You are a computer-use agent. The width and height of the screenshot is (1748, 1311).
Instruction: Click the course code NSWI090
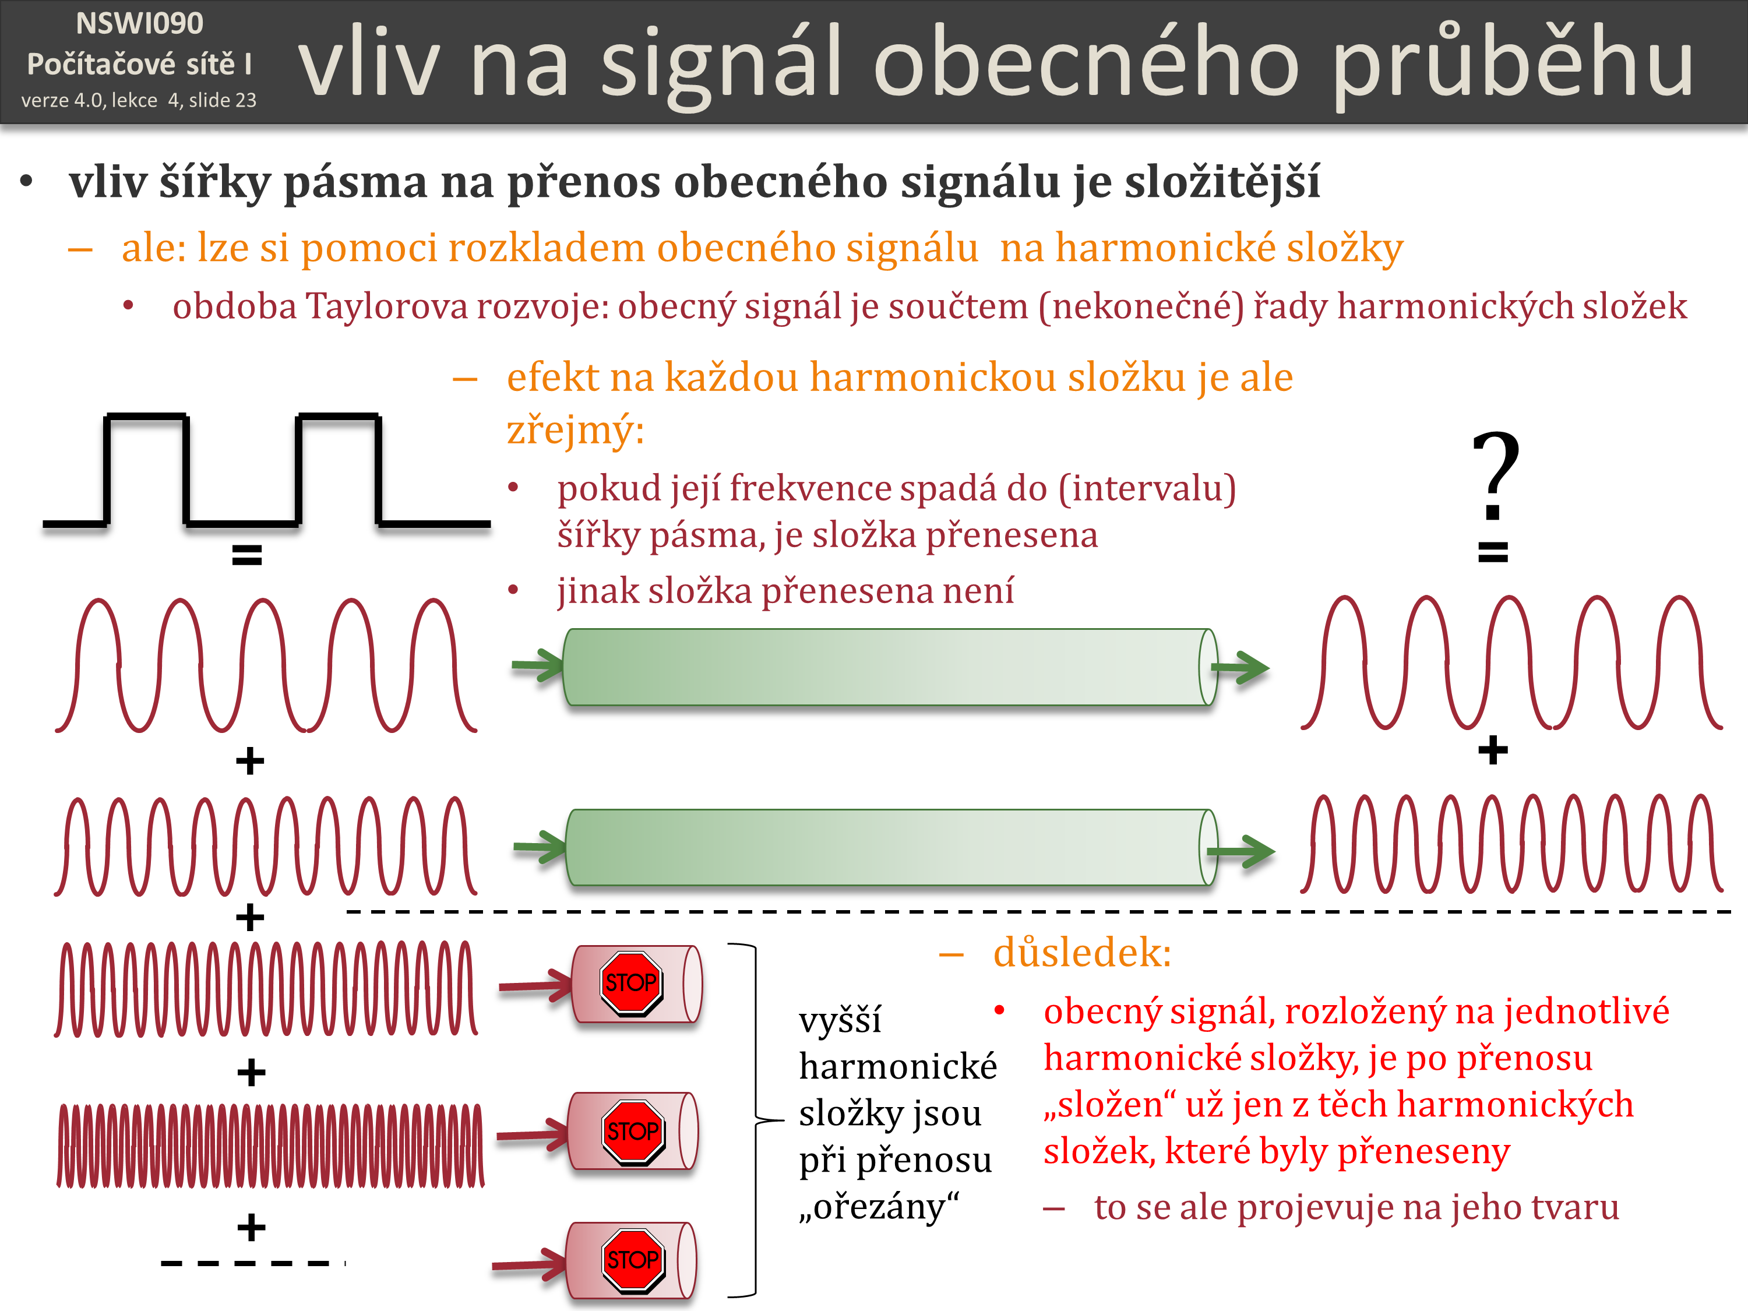pos(139,24)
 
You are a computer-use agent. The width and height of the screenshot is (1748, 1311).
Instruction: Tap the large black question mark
pos(1495,474)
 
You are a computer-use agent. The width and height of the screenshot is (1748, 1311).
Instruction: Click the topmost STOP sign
pos(630,982)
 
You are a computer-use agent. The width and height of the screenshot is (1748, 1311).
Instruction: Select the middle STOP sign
pos(632,1131)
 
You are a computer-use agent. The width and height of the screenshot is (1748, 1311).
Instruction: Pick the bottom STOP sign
pos(632,1260)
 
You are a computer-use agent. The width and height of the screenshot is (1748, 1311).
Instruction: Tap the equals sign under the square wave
pos(246,555)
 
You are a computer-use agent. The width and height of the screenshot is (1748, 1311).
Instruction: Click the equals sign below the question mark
pos(1493,551)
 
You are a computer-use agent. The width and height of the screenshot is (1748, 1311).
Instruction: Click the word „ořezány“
pos(878,1207)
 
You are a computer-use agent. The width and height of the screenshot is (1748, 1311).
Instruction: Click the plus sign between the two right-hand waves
pos(1493,750)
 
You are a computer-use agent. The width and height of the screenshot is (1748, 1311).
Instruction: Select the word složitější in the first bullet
pos(1222,182)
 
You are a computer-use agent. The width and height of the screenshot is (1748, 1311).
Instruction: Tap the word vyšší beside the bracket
pos(839,1020)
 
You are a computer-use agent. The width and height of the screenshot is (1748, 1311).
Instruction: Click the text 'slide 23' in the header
pos(222,100)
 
